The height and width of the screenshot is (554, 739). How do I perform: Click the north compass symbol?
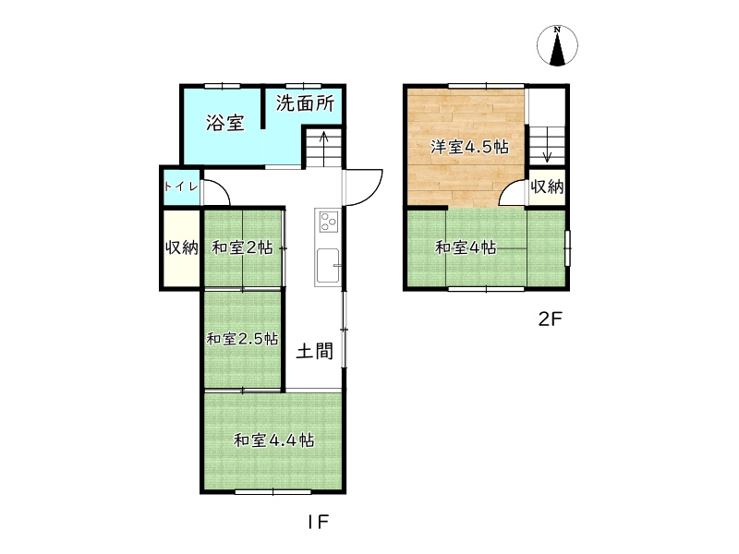point(557,46)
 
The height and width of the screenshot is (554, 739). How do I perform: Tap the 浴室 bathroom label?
point(224,122)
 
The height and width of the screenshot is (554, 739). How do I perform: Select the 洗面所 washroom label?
point(305,103)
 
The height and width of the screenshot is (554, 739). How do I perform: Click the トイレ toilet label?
point(181,187)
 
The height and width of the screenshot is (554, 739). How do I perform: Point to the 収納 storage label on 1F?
point(181,248)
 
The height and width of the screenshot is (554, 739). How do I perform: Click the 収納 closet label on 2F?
point(547,187)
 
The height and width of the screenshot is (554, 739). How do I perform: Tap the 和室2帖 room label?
point(242,247)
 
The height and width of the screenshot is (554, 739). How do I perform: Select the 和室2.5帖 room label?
point(242,339)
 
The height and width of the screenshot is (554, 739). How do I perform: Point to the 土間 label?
point(314,351)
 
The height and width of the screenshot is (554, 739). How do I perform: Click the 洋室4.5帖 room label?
point(470,147)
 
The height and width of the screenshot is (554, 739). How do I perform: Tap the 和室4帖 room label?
point(466,247)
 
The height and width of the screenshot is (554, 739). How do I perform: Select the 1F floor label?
point(318,522)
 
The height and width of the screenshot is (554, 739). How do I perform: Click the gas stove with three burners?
point(328,222)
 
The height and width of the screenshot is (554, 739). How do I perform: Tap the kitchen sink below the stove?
point(328,267)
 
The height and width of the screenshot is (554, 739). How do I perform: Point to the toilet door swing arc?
point(216,191)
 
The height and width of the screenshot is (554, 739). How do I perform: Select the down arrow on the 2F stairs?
point(545,148)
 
